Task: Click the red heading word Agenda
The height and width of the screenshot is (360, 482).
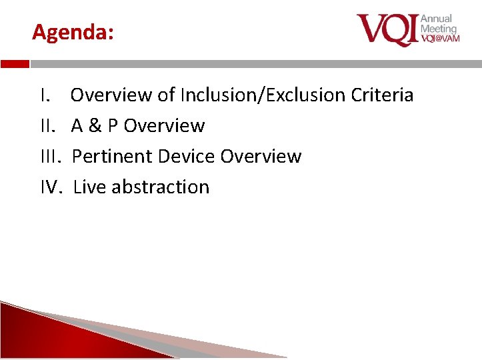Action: [72, 32]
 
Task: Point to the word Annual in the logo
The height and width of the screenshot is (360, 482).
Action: [436, 19]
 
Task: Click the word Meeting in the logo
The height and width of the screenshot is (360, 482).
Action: [438, 29]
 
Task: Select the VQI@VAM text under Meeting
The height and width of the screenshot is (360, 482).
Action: [439, 39]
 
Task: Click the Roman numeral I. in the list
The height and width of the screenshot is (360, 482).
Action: [45, 95]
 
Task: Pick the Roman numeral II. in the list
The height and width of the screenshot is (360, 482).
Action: [49, 126]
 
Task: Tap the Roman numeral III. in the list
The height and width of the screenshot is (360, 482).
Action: [51, 157]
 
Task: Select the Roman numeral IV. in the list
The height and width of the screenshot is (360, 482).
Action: [52, 187]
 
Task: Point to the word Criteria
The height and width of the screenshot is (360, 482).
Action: [384, 95]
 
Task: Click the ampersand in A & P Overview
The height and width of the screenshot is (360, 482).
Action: [95, 126]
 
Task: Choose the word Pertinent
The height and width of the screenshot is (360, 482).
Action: [109, 157]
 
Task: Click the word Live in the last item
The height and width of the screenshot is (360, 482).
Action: [89, 187]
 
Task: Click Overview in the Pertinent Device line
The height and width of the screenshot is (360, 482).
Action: [261, 157]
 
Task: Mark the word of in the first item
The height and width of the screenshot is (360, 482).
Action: [166, 95]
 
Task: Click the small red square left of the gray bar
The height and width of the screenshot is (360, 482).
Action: [15, 65]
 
